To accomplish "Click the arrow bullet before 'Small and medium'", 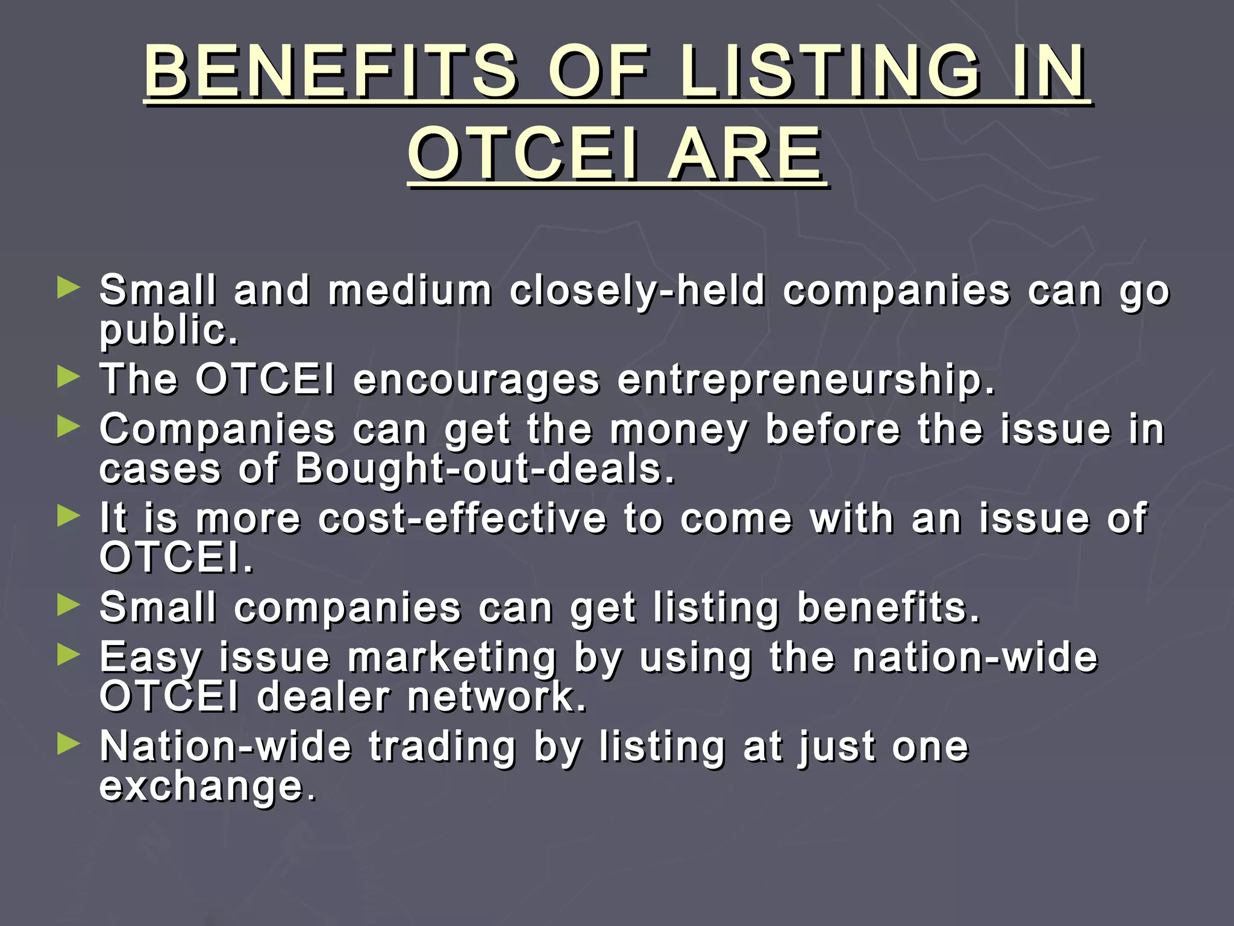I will point(68,288).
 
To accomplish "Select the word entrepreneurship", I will point(806,380).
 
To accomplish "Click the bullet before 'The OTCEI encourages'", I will point(68,377).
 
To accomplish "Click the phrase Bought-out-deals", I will point(485,469).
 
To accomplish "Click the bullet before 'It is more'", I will point(68,516).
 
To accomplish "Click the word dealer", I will point(324,697).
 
